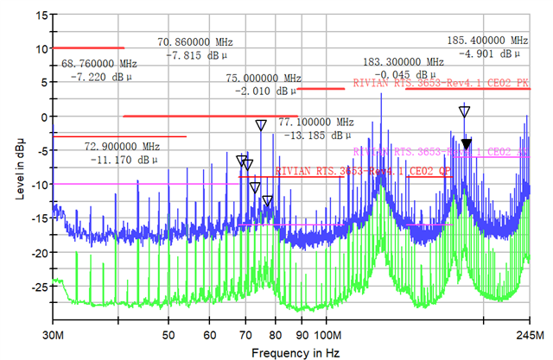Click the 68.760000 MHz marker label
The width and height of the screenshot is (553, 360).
99,64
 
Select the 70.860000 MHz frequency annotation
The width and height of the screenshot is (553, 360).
194,41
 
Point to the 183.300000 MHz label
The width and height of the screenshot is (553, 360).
403,62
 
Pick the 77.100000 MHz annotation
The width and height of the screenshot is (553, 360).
316,122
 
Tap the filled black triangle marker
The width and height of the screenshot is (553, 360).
467,144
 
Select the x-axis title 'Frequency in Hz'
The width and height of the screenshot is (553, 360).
295,353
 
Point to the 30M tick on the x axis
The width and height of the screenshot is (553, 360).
54,334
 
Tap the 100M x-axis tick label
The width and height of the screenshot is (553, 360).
327,334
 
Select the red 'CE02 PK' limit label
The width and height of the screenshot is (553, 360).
442,83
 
